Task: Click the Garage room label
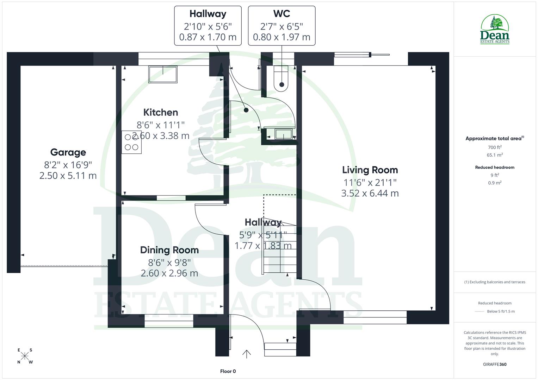coord(68,152)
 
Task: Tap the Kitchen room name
coord(161,113)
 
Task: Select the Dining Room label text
coord(169,250)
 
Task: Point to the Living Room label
coord(370,170)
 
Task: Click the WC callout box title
coord(282,14)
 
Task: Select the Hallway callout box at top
coord(208,25)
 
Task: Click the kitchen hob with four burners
coord(132,142)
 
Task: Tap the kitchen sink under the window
coord(163,75)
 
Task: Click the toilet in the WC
coord(281,79)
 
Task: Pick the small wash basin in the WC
coord(283,134)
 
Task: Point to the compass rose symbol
coord(25,356)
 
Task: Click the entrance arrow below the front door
coord(247,354)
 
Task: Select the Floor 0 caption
coord(228,371)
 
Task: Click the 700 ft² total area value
coord(495,147)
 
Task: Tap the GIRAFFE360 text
coord(495,364)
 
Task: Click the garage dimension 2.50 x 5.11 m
coord(68,176)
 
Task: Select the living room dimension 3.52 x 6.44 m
coord(370,193)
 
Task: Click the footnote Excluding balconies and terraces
coord(495,282)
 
